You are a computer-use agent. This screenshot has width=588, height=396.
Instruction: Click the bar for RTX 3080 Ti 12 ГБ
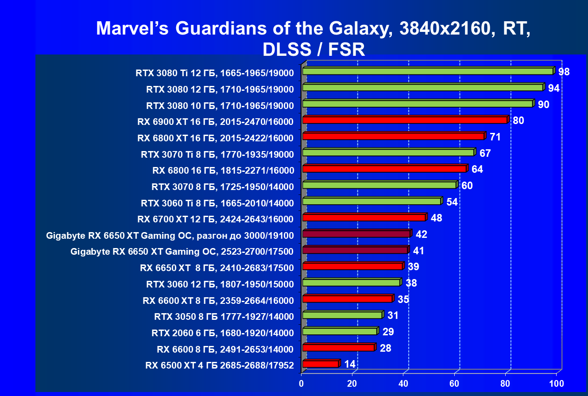pyautogui.click(x=427, y=71)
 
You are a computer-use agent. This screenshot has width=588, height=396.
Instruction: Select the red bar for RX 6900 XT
pyautogui.click(x=404, y=120)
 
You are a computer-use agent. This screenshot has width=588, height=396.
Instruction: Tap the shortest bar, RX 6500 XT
pyautogui.click(x=321, y=364)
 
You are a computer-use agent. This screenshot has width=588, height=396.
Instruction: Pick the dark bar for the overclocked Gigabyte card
pyautogui.click(x=356, y=234)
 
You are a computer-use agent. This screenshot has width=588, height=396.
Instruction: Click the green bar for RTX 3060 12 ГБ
pyautogui.click(x=351, y=283)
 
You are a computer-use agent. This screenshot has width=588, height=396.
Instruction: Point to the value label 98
pyautogui.click(x=564, y=72)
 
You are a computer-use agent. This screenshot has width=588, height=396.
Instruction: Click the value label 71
pyautogui.click(x=495, y=137)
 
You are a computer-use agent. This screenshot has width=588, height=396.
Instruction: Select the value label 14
pyautogui.click(x=350, y=364)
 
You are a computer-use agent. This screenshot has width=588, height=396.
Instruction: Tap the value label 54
pyautogui.click(x=452, y=202)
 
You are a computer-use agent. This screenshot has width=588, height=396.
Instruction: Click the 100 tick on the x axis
pyautogui.click(x=556, y=383)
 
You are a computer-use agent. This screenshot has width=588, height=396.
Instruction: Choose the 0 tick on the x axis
pyautogui.click(x=302, y=383)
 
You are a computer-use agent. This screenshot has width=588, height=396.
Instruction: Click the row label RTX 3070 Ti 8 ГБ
pyautogui.click(x=217, y=154)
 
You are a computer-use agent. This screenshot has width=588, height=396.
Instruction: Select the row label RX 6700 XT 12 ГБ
pyautogui.click(x=215, y=219)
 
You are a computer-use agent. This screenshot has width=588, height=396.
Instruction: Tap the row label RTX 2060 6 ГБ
pyautogui.click(x=222, y=333)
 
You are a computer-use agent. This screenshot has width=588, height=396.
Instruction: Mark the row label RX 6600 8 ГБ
pyautogui.click(x=225, y=349)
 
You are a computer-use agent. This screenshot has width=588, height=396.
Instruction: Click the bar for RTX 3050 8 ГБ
pyautogui.click(x=342, y=315)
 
